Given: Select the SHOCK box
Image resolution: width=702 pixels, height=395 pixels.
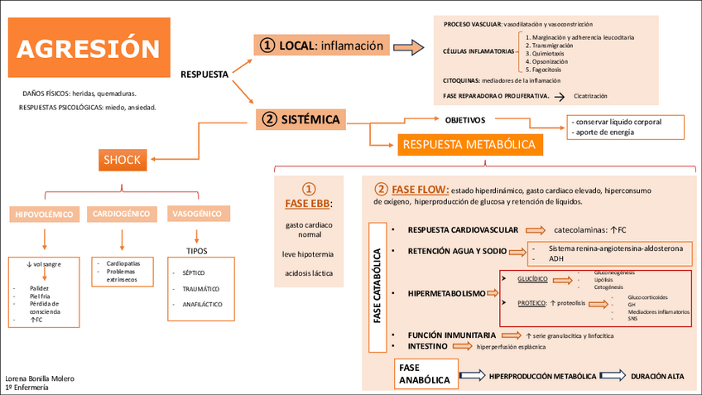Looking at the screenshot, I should click(x=122, y=159).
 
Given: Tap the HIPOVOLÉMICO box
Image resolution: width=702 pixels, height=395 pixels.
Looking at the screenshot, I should click(x=45, y=214).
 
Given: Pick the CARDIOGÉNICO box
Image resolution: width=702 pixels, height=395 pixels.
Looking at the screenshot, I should click(x=122, y=214).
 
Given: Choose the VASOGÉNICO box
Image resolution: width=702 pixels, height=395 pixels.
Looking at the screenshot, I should click(x=196, y=214).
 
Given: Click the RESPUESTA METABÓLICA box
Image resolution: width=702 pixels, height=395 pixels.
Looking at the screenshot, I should click(x=469, y=145).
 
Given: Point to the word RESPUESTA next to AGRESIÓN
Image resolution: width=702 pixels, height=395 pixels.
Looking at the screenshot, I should click(x=204, y=75).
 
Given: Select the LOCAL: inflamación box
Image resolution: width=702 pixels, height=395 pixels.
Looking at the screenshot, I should click(x=322, y=46).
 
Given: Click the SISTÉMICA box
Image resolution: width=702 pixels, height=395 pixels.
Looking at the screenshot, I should click(x=300, y=119).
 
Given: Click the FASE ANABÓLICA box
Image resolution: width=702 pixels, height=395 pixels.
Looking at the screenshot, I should click(x=425, y=374).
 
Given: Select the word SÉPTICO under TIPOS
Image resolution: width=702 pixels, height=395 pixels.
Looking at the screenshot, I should click(x=193, y=272).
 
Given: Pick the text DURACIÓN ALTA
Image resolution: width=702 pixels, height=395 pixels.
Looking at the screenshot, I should click(x=657, y=376).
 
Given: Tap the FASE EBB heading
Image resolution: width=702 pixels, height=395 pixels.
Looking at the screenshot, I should click(x=308, y=203).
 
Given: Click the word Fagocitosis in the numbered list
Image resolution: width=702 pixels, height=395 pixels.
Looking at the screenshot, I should click(x=546, y=70).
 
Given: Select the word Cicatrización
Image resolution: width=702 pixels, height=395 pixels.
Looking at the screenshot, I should click(x=596, y=96).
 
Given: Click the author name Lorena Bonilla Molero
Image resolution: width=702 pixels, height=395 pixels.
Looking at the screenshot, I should click(x=40, y=378).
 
